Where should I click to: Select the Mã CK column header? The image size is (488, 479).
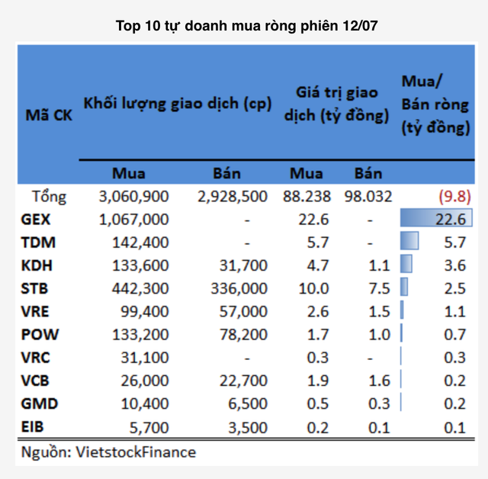pyautogui.click(x=49, y=116)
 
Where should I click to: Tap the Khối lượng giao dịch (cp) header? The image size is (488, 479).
pyautogui.click(x=178, y=104)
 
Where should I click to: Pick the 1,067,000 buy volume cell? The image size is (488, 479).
pyautogui.click(x=133, y=220)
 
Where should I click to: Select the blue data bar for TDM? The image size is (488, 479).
pyautogui.click(x=409, y=243)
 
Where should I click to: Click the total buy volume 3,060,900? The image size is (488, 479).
pyautogui.click(x=133, y=197)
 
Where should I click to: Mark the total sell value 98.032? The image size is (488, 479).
pyautogui.click(x=368, y=197)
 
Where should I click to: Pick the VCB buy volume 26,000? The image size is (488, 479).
pyautogui.click(x=145, y=380)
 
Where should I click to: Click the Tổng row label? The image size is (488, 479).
pyautogui.click(x=50, y=197)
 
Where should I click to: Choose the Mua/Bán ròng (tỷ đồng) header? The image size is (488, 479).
pyautogui.click(x=435, y=104)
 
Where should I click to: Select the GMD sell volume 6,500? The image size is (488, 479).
pyautogui.click(x=248, y=403)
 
